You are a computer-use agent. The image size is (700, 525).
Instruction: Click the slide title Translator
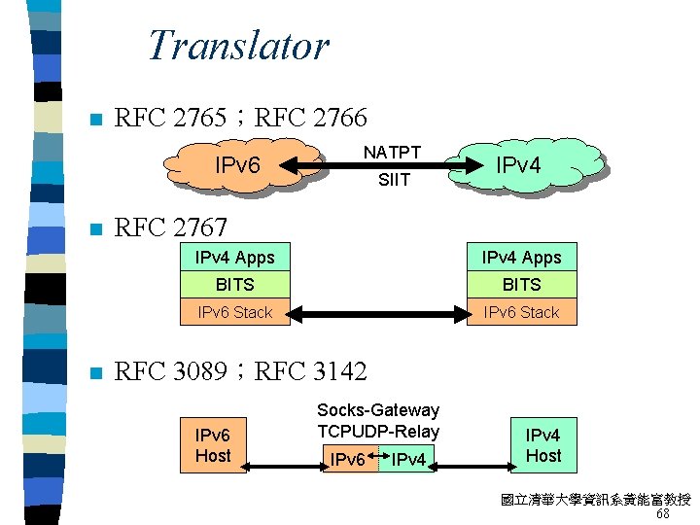(238, 46)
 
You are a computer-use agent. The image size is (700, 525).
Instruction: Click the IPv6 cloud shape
(238, 166)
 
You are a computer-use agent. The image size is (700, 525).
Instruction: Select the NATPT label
(392, 152)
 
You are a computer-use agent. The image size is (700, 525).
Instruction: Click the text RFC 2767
(171, 228)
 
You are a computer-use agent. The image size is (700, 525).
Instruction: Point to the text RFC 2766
(311, 119)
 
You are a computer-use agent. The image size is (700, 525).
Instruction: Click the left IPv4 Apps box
(235, 258)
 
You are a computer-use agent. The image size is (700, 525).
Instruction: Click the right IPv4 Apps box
(521, 258)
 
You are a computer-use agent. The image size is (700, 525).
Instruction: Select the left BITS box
(235, 285)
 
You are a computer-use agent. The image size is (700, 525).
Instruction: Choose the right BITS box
(521, 285)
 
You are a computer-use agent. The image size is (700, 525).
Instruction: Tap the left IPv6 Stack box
(235, 312)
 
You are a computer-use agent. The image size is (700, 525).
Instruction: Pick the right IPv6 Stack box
(521, 312)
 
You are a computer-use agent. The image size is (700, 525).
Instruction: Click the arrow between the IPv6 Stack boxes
(378, 313)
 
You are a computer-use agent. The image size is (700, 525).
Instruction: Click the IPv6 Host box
(213, 446)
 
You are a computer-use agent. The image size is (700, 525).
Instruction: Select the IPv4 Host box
(543, 445)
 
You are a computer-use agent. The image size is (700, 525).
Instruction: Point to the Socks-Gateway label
(378, 410)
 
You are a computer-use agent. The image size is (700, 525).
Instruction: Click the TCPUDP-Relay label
(378, 431)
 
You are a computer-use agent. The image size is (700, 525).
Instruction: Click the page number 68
(662, 514)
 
